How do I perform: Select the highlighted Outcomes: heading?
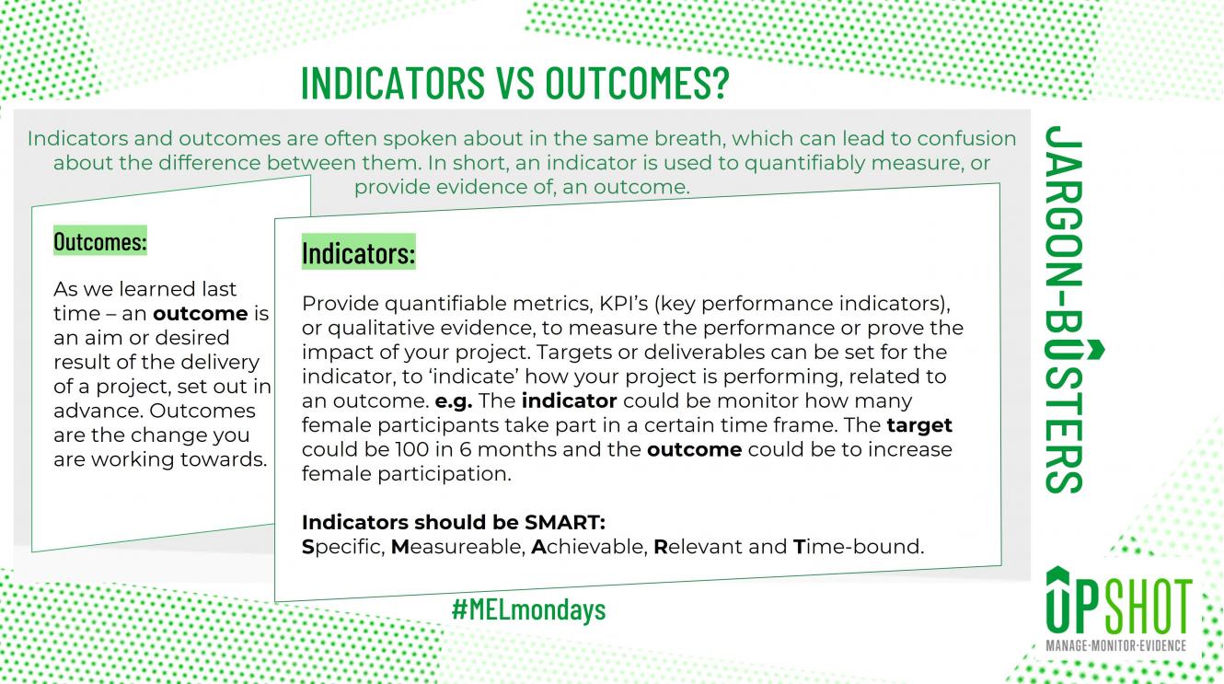100,242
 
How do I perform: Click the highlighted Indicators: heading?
359,251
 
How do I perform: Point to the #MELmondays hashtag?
528,609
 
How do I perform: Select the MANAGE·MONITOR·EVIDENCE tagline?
1116,646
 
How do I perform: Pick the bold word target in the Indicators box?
919,425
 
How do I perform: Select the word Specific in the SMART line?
341,547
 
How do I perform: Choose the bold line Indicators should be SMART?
454,523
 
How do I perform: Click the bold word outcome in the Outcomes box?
201,314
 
